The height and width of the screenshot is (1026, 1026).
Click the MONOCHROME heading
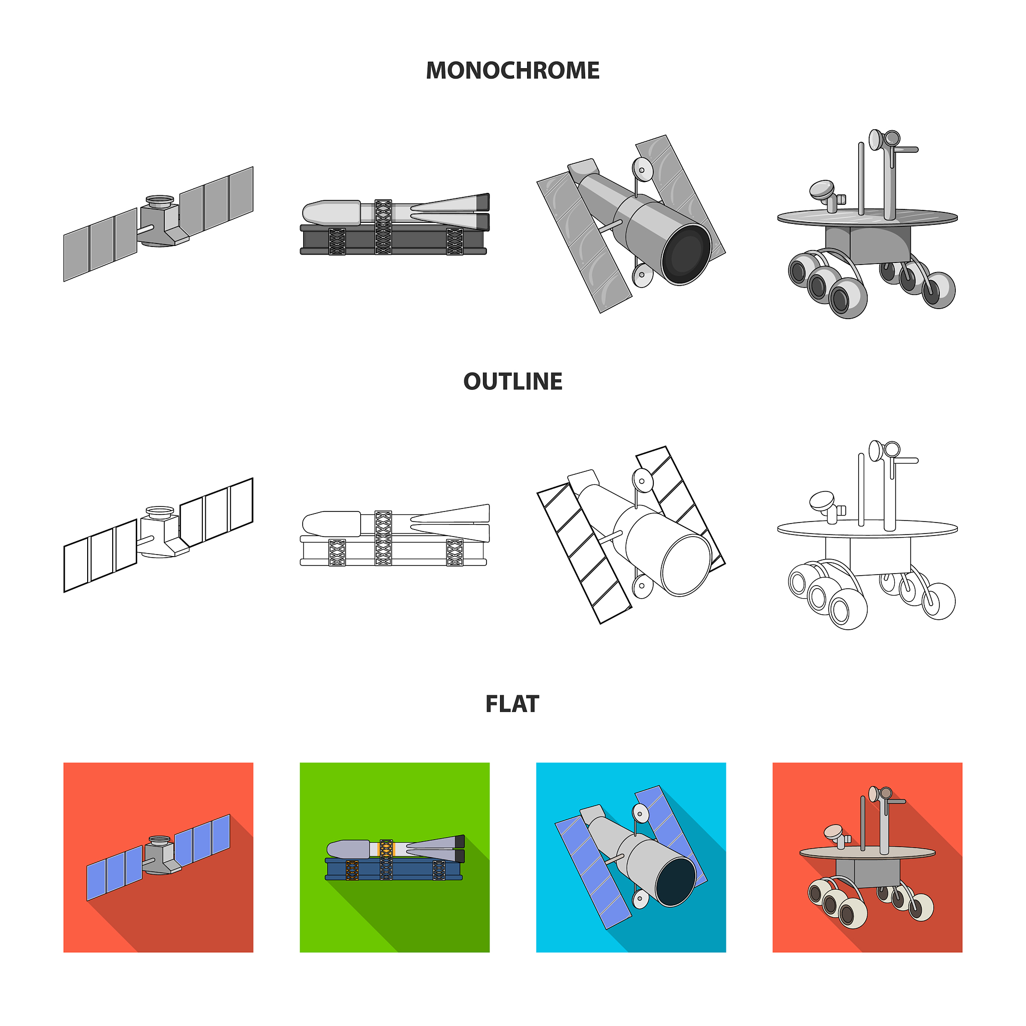512,71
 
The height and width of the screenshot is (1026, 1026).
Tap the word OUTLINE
512,381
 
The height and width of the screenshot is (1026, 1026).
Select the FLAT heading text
512,704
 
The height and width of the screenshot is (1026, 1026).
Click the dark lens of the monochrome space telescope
686,254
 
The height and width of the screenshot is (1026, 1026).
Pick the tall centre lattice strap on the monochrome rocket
383,227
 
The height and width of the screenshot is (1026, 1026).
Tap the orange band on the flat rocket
379,848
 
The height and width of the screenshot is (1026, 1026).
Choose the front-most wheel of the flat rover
852,913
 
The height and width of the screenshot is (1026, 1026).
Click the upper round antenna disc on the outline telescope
643,481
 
